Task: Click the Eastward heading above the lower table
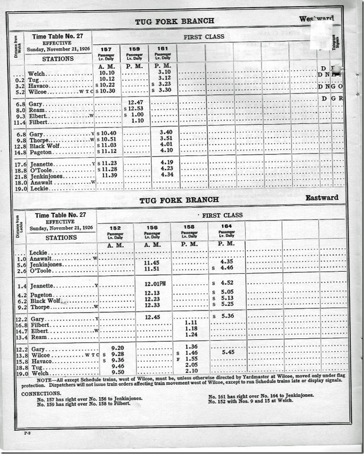pyautogui.click(x=322, y=198)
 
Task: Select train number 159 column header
pyautogui.click(x=134, y=48)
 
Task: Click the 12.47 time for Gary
pyautogui.click(x=135, y=103)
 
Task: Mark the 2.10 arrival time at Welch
pyautogui.click(x=191, y=370)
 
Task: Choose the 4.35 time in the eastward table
pyautogui.click(x=226, y=261)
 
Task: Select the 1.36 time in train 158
pyautogui.click(x=191, y=347)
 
